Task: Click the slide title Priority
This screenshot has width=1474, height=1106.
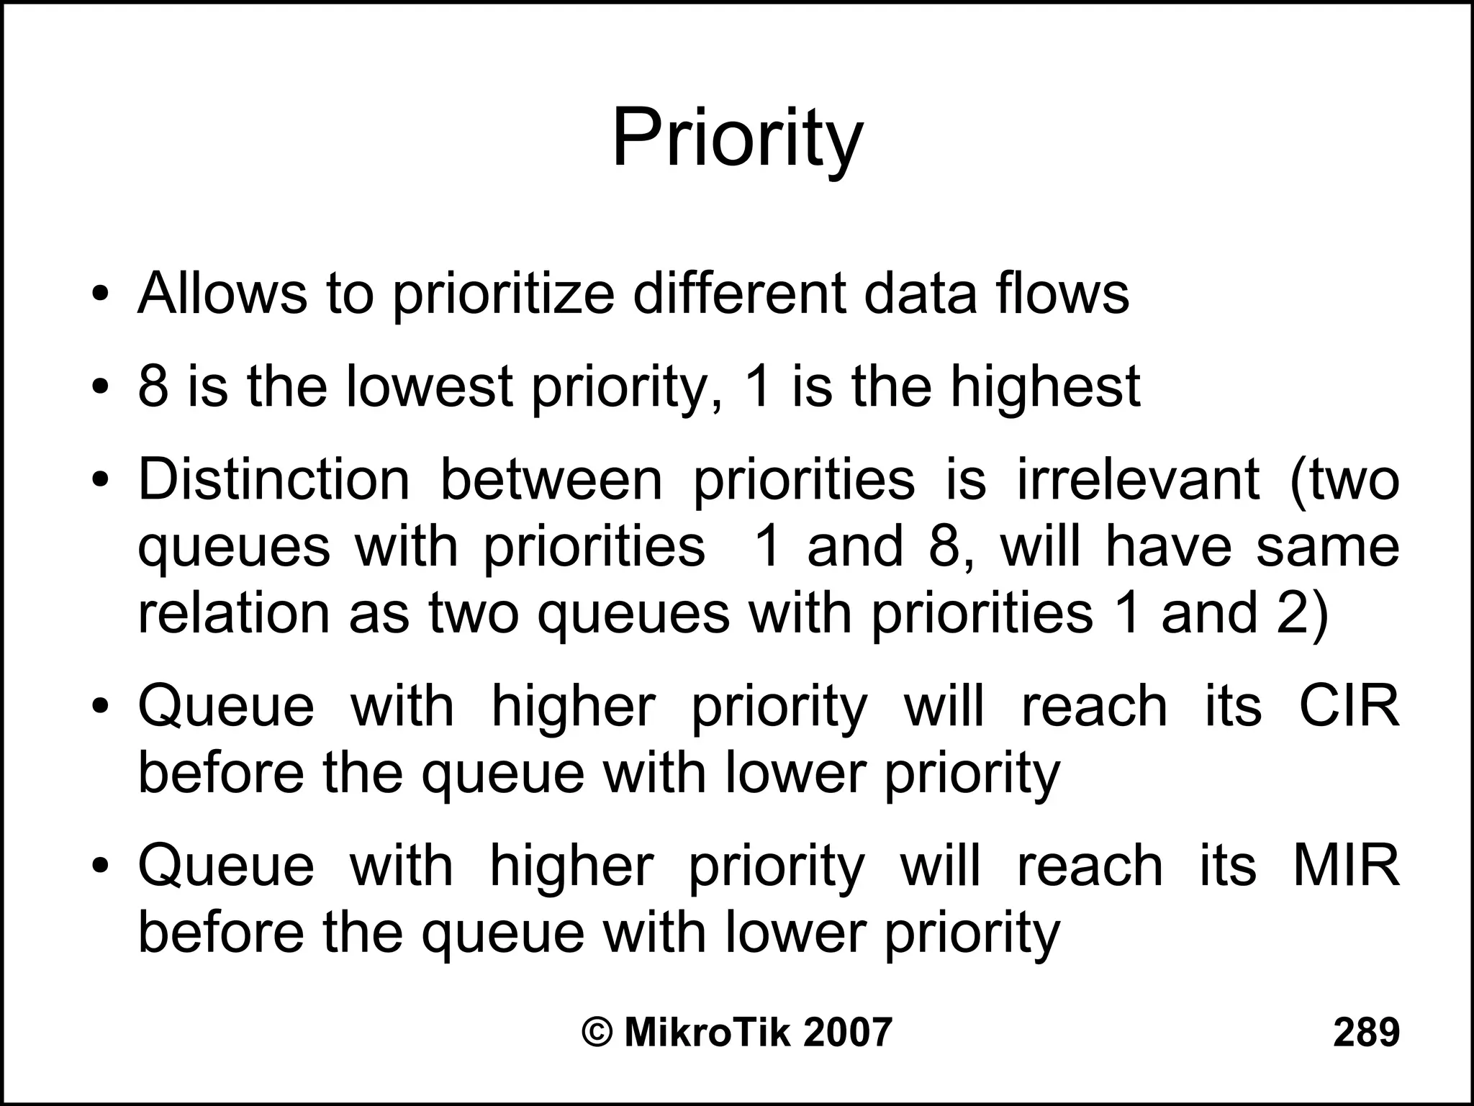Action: (x=736, y=138)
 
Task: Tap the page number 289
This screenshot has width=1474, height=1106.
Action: (x=1366, y=1032)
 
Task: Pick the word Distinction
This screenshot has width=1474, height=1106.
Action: (x=273, y=479)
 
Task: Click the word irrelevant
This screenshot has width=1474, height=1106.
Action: (x=1137, y=479)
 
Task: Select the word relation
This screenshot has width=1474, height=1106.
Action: (x=233, y=613)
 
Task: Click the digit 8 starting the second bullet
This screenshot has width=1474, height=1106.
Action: (x=153, y=386)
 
